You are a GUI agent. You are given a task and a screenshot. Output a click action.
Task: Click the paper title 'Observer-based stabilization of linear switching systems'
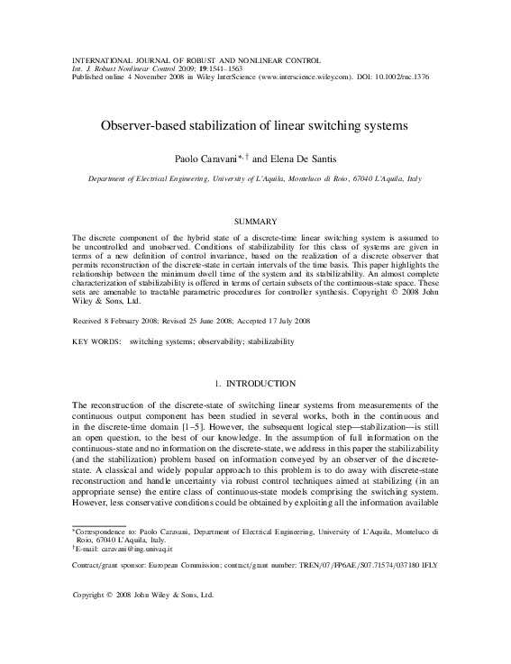click(255, 121)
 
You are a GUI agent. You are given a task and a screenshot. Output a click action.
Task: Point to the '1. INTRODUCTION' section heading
click(255, 384)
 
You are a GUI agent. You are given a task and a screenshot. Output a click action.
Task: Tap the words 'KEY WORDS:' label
click(96, 342)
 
